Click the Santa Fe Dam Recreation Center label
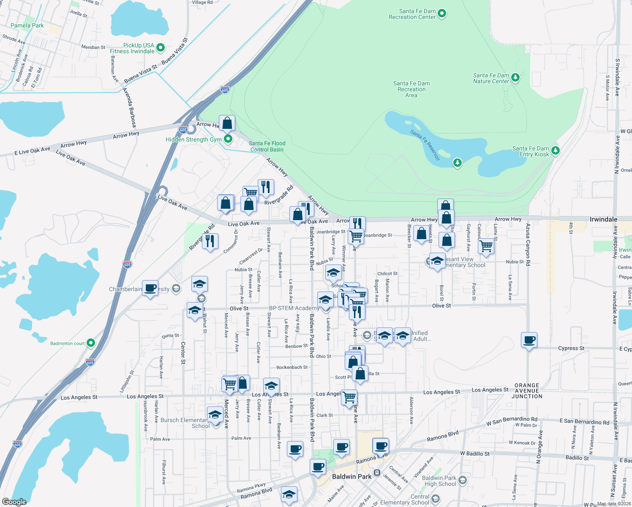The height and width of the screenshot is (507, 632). click(x=412, y=14)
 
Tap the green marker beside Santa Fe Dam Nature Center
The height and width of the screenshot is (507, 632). click(x=515, y=78)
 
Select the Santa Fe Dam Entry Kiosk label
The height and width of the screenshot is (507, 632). click(x=531, y=151)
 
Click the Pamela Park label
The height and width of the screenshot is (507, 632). click(x=27, y=25)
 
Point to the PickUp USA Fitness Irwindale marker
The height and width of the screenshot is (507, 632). click(x=161, y=48)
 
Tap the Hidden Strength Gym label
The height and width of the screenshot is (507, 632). click(x=193, y=139)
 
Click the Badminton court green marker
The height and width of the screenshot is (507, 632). click(x=91, y=343)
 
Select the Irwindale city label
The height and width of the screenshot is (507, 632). click(x=603, y=219)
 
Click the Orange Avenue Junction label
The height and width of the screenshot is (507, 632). click(x=527, y=391)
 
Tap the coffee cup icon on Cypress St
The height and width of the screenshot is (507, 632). click(x=529, y=340)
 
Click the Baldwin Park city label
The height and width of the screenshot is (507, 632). click(x=351, y=477)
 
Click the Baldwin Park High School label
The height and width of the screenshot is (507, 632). click(x=440, y=481)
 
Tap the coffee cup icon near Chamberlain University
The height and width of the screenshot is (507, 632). click(x=150, y=288)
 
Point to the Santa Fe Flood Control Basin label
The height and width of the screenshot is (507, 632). click(x=267, y=147)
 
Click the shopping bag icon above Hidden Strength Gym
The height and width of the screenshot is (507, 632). click(x=227, y=123)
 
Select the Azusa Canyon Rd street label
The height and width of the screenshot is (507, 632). click(x=528, y=245)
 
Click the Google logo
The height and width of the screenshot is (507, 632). click(x=14, y=502)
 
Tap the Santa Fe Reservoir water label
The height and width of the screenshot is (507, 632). click(x=425, y=145)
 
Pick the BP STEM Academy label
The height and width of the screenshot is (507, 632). click(x=294, y=308)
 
